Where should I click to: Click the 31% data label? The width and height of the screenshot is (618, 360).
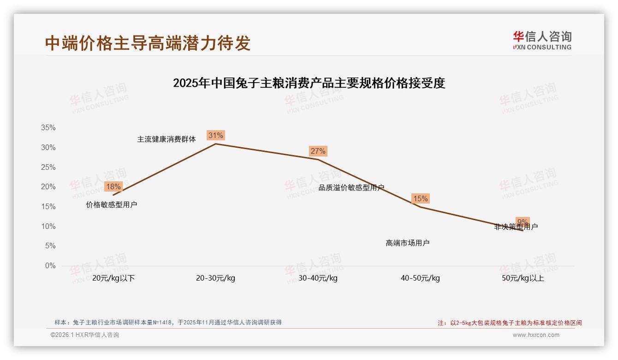click(x=215, y=135)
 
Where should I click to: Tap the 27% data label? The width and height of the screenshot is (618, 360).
click(x=318, y=151)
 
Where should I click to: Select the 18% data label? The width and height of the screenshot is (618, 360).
click(x=113, y=187)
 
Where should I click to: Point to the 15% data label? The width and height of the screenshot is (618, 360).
click(x=420, y=199)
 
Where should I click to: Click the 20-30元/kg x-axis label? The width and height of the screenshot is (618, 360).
click(x=215, y=278)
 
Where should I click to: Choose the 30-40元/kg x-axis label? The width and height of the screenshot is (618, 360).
click(x=318, y=278)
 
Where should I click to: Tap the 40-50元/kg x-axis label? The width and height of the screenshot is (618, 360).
click(x=420, y=278)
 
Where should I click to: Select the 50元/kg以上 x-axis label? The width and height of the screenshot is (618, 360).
click(x=523, y=278)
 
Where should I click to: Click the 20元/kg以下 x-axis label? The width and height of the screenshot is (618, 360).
click(x=113, y=278)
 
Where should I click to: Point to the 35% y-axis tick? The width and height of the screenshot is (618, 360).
click(x=48, y=128)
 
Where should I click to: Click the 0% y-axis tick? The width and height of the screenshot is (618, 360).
click(x=50, y=266)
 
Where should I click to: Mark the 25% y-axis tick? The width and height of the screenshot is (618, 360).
click(x=48, y=167)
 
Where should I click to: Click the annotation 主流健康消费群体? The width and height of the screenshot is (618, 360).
click(x=166, y=139)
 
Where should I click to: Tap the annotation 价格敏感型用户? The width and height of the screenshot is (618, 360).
click(x=112, y=205)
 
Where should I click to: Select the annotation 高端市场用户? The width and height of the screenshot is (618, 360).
click(x=408, y=243)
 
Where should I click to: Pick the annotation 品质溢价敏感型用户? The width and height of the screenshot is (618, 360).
click(x=351, y=188)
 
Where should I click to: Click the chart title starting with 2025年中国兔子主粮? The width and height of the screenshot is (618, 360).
click(x=309, y=83)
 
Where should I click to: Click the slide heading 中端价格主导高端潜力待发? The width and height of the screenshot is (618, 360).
click(x=148, y=43)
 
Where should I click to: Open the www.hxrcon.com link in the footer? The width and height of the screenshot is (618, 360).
click(x=536, y=335)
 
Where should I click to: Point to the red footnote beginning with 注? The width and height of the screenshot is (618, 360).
click(x=510, y=323)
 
